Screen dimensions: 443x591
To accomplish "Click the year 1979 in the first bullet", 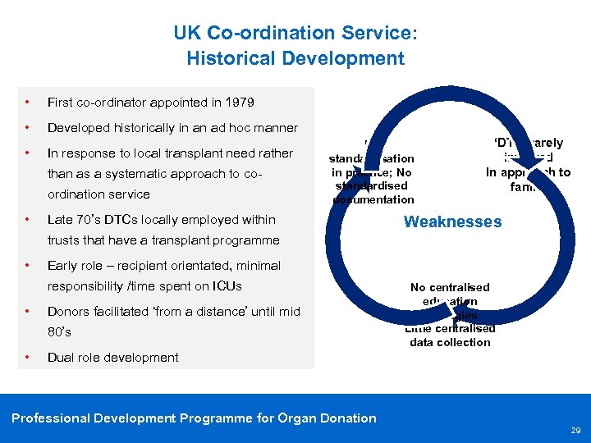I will [238, 103].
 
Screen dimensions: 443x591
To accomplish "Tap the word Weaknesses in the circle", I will [452, 221].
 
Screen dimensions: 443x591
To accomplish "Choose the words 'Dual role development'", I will [113, 357].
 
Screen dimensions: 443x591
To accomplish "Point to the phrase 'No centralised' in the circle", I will [450, 287].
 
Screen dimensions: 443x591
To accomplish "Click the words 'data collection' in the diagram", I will [450, 342].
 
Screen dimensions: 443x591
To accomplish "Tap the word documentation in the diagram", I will [373, 199].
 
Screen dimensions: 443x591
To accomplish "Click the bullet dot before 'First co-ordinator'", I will [29, 103].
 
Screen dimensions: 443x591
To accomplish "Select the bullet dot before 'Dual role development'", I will [29, 357].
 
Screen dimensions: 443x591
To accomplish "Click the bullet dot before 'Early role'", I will [29, 265].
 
